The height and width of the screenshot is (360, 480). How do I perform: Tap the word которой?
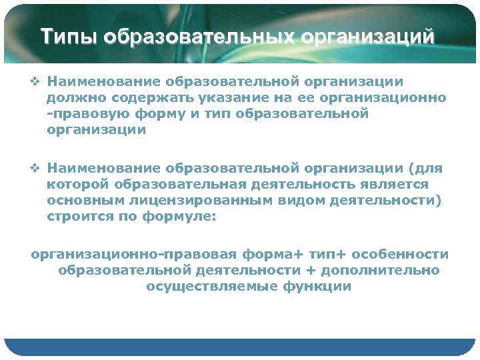click(x=79, y=183)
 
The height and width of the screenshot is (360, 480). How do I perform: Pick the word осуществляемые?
click(x=205, y=286)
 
